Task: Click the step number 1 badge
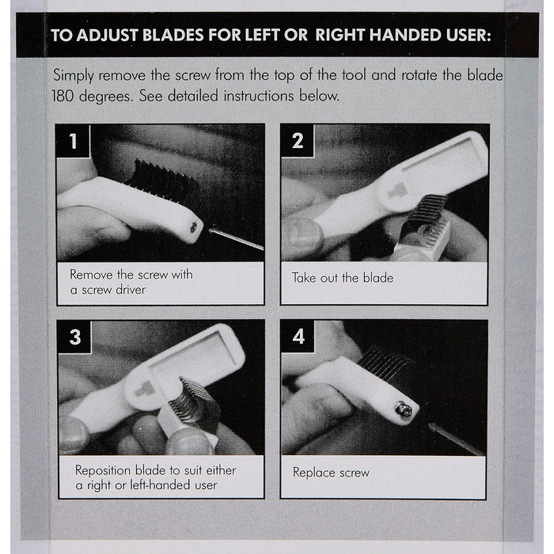click(73, 142)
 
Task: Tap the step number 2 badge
click(298, 141)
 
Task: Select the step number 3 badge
click(74, 336)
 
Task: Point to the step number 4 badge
click(298, 336)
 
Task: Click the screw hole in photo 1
click(194, 228)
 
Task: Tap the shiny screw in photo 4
click(404, 409)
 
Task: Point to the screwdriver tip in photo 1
click(211, 231)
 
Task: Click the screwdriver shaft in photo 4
click(457, 439)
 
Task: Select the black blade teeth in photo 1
click(161, 180)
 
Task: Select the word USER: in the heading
click(469, 36)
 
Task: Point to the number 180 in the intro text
click(63, 96)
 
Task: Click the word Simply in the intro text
click(74, 76)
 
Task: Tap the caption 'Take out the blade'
click(343, 278)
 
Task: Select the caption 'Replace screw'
click(331, 472)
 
